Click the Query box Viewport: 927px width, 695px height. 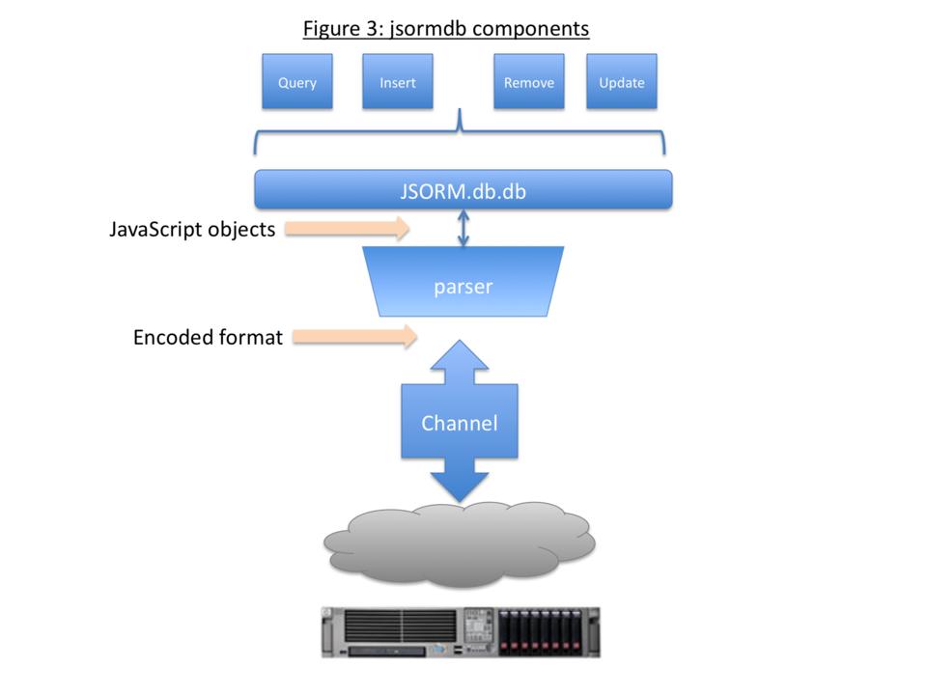point(296,82)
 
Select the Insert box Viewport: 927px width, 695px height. point(397,82)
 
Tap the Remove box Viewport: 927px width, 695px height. point(528,82)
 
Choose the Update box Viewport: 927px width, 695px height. point(621,82)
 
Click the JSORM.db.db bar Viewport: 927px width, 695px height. point(463,189)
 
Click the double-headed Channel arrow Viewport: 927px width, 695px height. point(460,423)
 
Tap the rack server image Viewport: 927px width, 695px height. point(460,632)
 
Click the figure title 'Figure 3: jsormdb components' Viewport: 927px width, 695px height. point(445,28)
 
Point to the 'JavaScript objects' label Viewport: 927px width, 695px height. point(192,230)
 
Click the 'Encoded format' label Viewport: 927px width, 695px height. point(208,338)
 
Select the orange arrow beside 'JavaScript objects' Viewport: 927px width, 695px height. point(349,229)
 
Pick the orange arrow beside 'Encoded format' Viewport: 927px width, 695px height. point(353,337)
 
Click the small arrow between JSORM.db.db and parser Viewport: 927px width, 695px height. point(463,228)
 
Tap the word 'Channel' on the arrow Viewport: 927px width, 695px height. point(460,423)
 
